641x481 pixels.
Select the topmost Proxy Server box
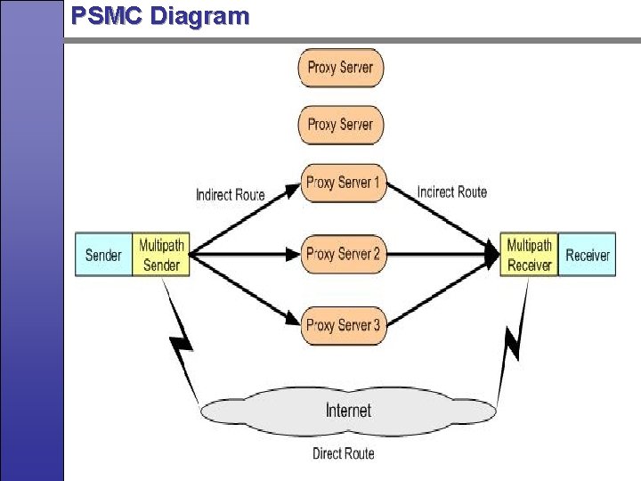(x=341, y=68)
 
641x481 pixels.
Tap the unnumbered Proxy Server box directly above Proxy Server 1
(x=341, y=125)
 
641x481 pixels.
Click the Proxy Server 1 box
(x=343, y=183)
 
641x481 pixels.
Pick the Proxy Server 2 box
(x=343, y=254)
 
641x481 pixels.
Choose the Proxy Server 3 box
(x=343, y=325)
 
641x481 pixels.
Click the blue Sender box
(x=103, y=255)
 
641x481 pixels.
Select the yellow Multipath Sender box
(x=161, y=255)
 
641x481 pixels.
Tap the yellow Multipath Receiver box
(x=529, y=255)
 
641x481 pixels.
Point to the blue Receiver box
(x=588, y=255)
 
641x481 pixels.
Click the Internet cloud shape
(x=348, y=411)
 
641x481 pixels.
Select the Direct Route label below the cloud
(x=344, y=453)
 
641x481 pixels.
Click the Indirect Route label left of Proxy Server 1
(x=231, y=194)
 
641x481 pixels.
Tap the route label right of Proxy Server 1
(x=452, y=192)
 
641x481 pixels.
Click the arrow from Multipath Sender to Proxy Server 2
(x=245, y=254)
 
